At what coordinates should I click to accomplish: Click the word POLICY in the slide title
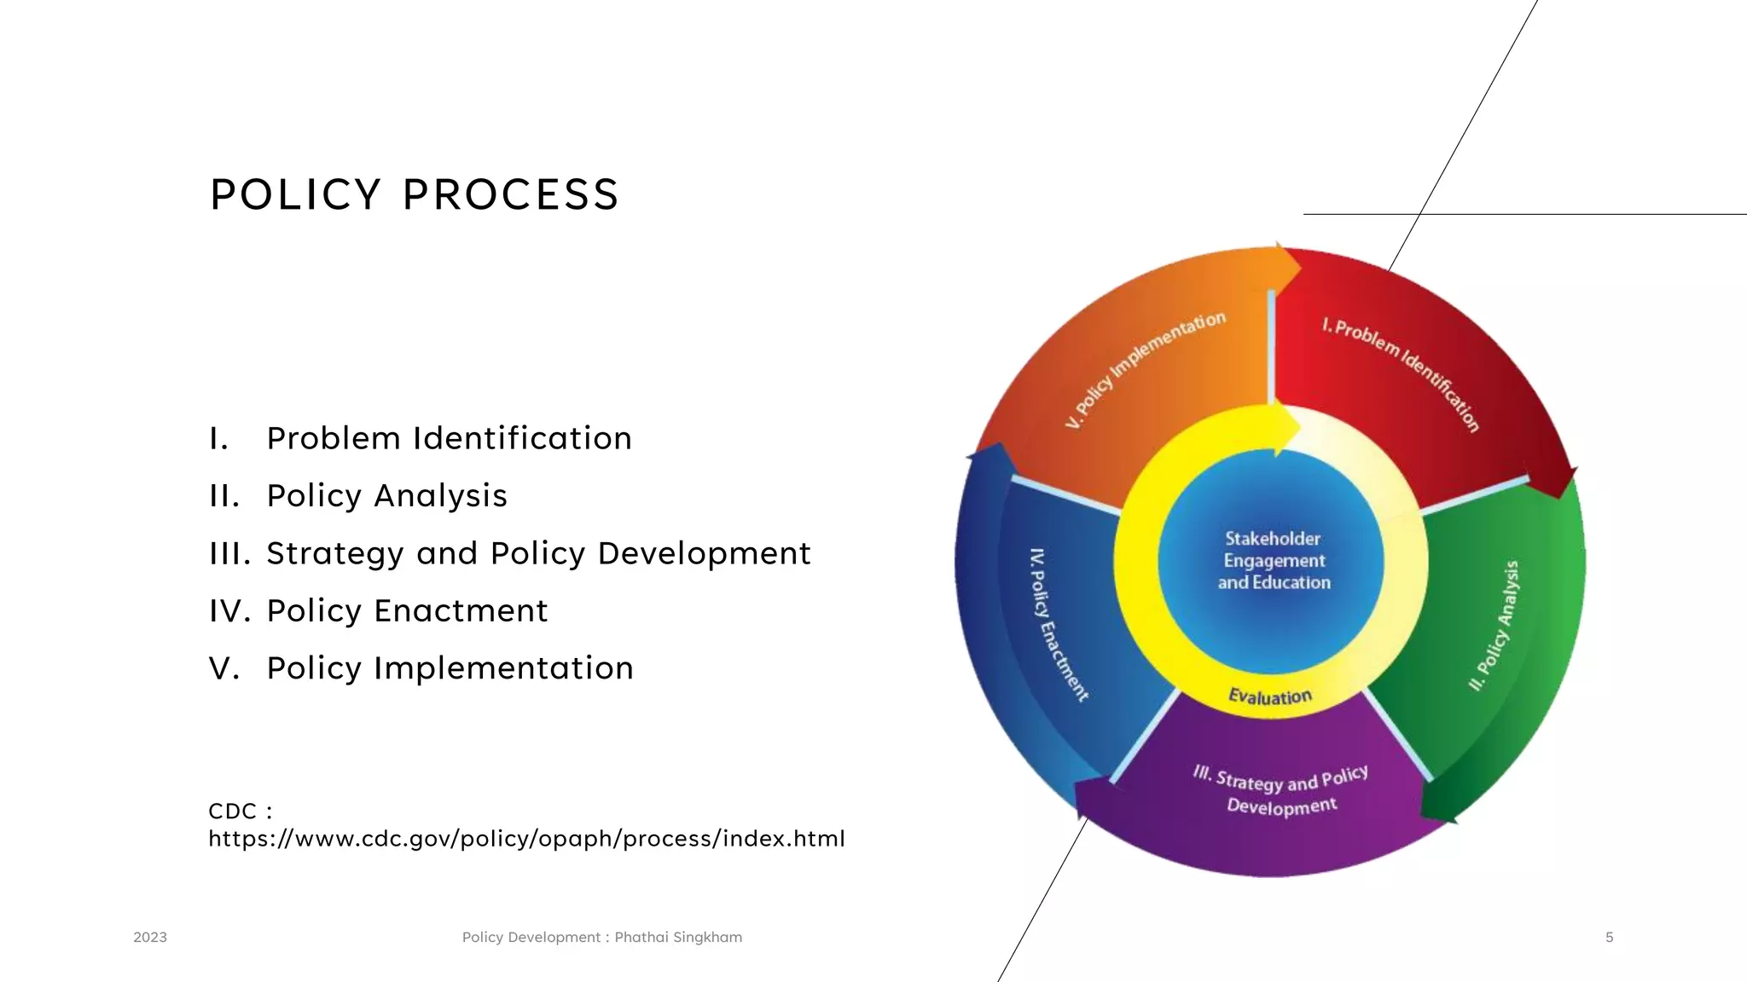(295, 195)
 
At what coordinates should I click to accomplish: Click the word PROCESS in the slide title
(510, 195)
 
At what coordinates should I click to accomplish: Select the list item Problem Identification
(449, 438)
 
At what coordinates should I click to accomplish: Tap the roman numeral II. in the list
(224, 496)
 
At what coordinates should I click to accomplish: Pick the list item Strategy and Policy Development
(538, 553)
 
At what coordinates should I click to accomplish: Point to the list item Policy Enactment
(407, 611)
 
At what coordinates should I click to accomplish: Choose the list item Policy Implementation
(450, 668)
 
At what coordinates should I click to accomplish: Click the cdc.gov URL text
(526, 839)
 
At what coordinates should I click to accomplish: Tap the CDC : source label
(240, 811)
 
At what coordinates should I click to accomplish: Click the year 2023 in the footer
(150, 937)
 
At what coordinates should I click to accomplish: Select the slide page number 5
(1609, 937)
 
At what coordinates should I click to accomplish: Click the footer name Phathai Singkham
(678, 937)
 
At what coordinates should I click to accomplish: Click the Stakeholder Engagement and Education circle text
(1273, 561)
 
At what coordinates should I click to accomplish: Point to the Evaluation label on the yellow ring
(1269, 696)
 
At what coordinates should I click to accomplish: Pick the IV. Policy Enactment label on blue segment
(1058, 624)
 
